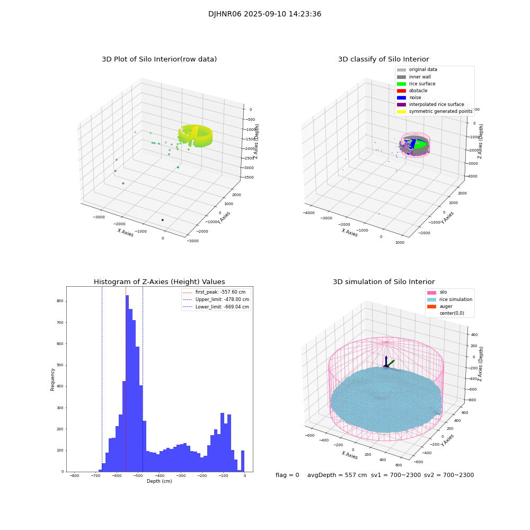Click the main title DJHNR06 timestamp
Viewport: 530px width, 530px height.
click(x=264, y=14)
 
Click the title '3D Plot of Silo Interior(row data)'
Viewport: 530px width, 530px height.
click(x=159, y=59)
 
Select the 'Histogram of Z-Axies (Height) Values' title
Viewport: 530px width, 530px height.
click(x=159, y=282)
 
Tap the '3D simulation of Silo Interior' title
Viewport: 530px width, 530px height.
click(x=383, y=282)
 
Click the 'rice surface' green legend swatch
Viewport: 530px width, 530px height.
click(x=401, y=84)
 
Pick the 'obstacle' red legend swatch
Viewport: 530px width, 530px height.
click(x=401, y=91)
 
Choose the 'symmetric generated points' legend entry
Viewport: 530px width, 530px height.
click(x=440, y=111)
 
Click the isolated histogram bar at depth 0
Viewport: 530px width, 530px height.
click(x=243, y=461)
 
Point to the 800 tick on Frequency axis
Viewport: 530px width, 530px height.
click(x=60, y=301)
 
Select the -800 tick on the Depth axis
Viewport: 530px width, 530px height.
click(x=74, y=476)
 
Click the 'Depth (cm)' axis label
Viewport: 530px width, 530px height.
click(x=159, y=481)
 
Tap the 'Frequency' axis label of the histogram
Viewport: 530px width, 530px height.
click(x=52, y=379)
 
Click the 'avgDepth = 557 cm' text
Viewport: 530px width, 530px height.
click(x=337, y=475)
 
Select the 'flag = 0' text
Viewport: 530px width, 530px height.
click(x=287, y=475)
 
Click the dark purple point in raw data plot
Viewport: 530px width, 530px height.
click(x=162, y=220)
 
